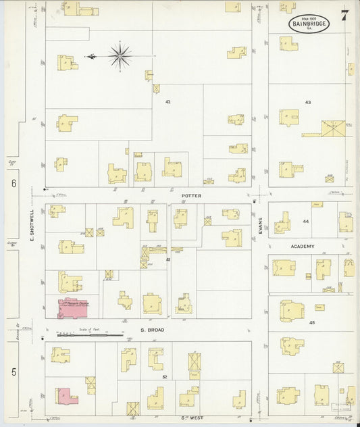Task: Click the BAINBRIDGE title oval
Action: coord(309,24)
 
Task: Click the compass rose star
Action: coord(120,56)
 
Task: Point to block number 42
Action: coord(168,101)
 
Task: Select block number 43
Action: coord(308,102)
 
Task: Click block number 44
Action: coord(305,222)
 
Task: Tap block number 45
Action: coord(312,323)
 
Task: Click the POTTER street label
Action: coord(192,195)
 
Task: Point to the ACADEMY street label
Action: coord(303,247)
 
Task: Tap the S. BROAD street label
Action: coord(153,330)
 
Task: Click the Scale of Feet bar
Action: coord(89,334)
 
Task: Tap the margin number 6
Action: coord(13,183)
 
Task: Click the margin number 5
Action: coord(13,371)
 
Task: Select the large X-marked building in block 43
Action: coord(332,128)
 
